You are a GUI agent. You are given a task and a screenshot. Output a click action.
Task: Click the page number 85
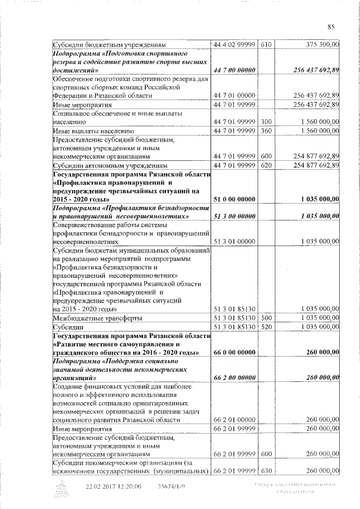330,26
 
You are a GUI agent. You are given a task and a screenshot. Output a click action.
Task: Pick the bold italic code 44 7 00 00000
235,70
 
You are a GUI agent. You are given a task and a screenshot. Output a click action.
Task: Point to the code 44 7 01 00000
235,96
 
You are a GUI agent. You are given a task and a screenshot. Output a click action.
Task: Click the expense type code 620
267,166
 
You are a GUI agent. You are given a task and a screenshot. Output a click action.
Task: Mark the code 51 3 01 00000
235,242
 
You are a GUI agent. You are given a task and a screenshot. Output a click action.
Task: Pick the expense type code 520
267,327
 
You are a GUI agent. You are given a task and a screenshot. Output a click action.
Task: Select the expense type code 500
267,318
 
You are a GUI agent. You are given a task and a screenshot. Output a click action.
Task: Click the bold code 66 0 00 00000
235,353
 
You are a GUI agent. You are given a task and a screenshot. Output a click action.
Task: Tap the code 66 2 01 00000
235,420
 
